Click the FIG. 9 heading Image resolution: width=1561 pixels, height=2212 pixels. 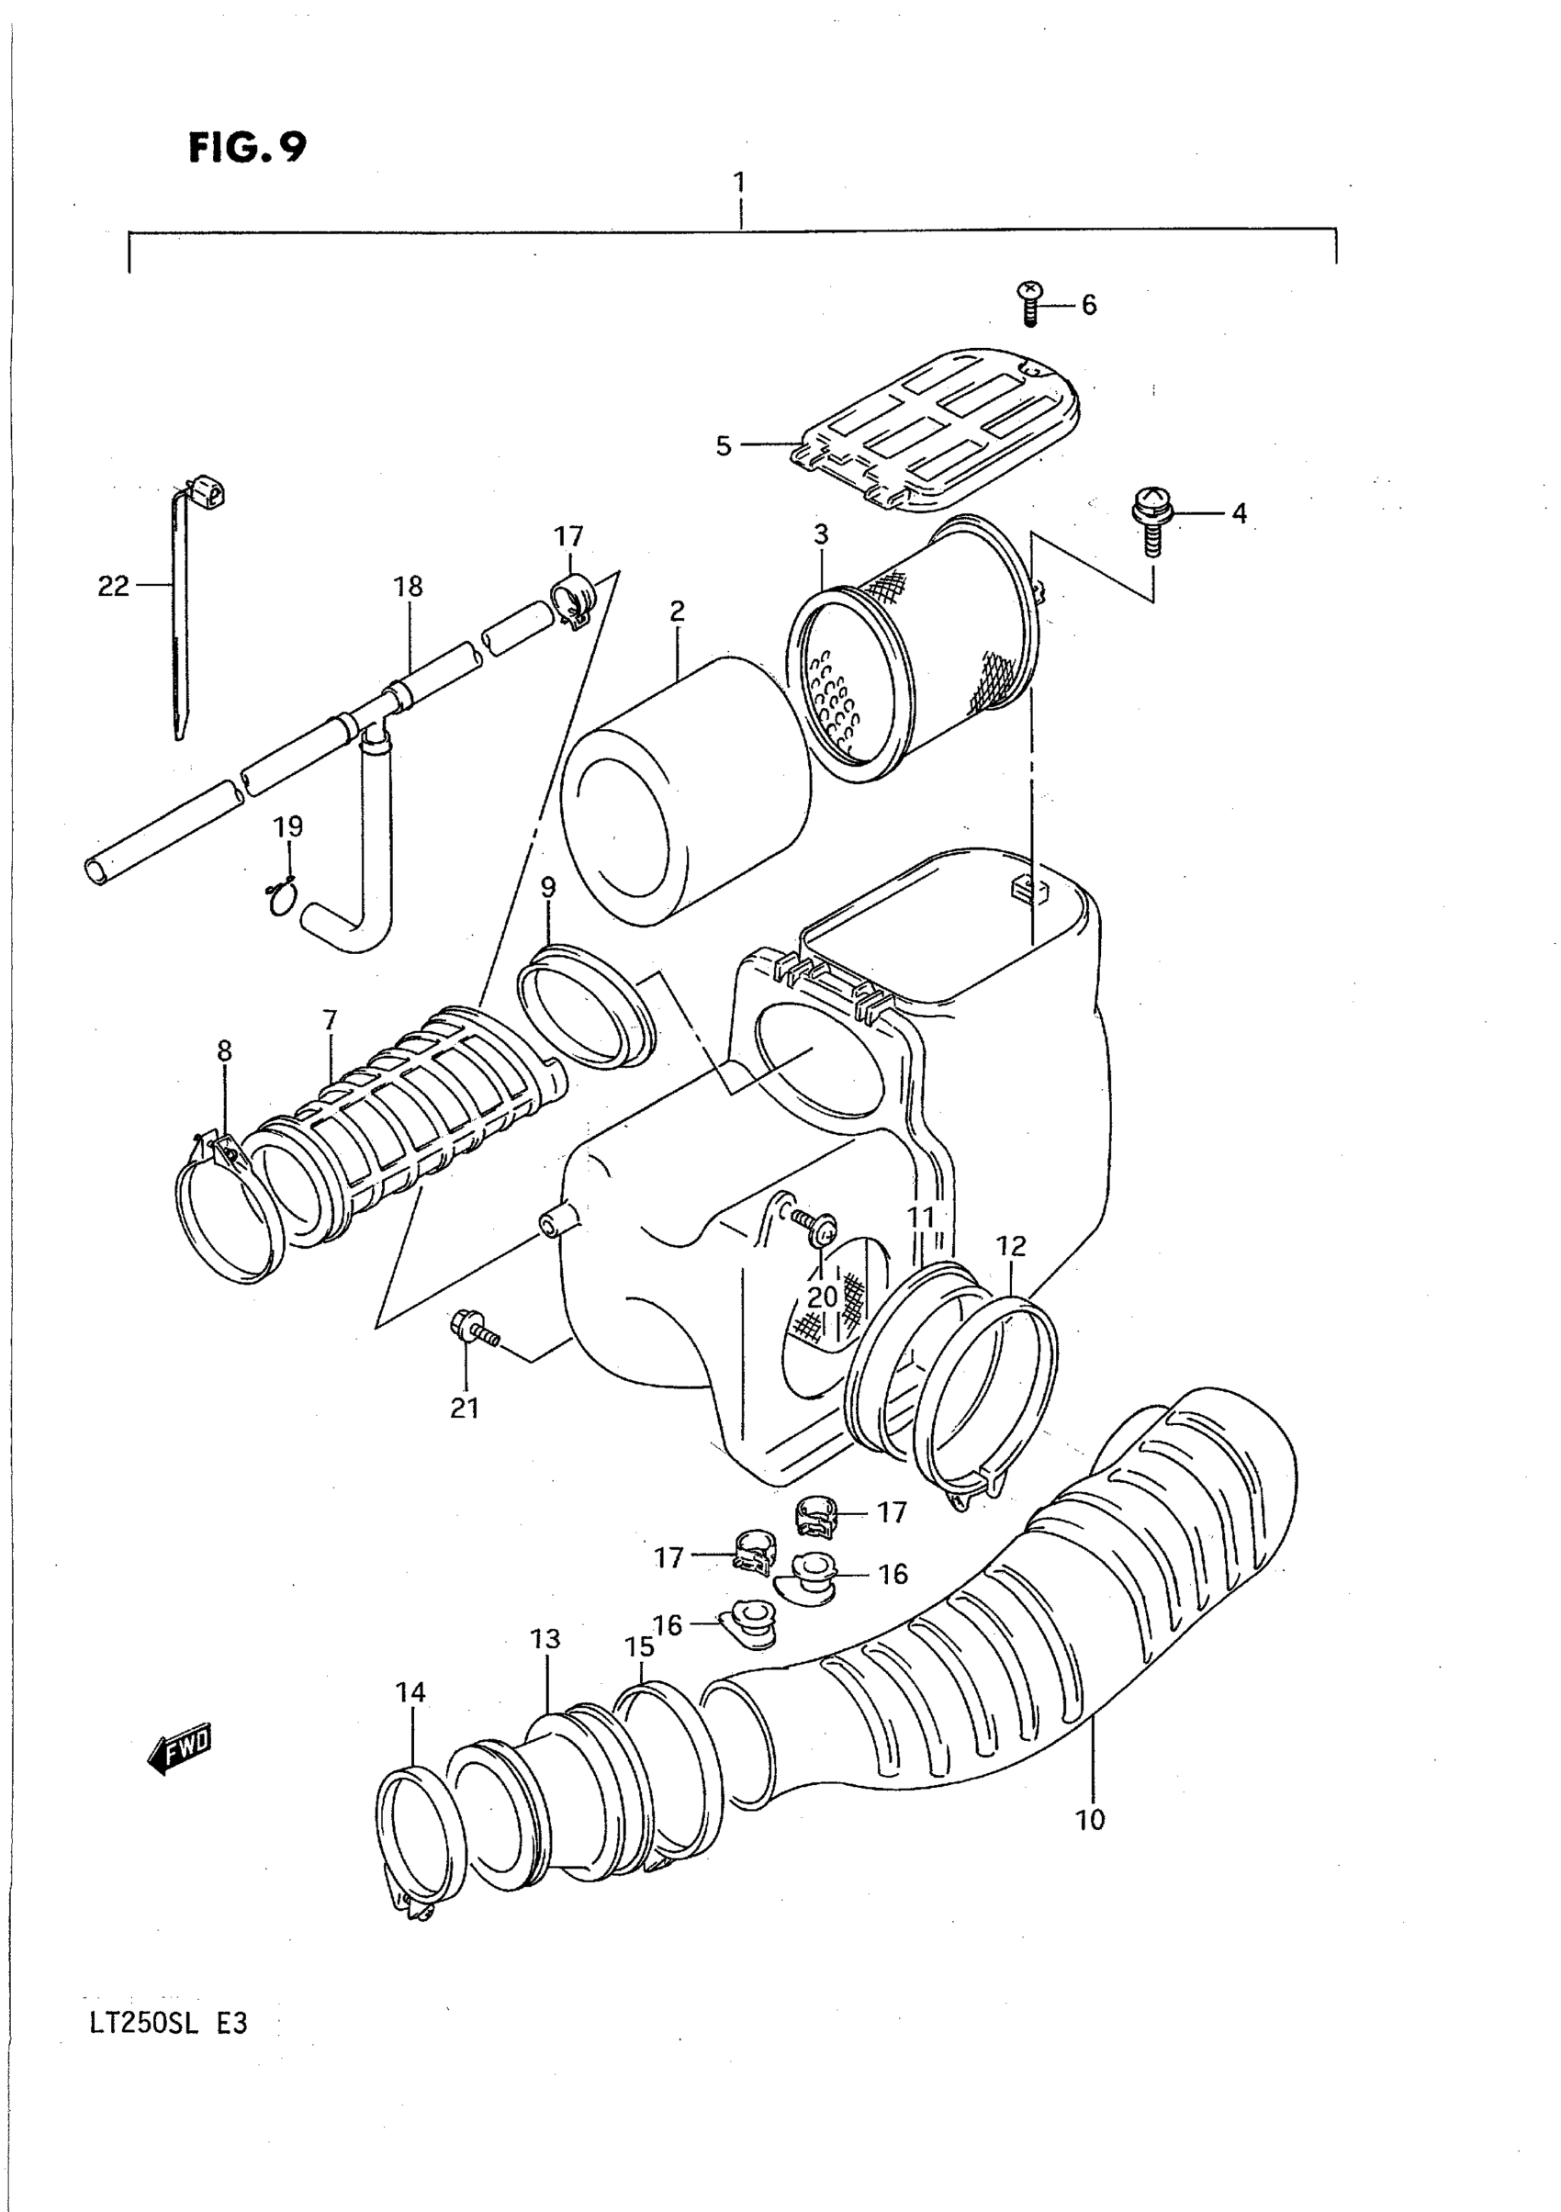point(248,148)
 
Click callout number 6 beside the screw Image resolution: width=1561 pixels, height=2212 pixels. point(1089,306)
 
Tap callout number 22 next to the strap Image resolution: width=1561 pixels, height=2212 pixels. point(113,586)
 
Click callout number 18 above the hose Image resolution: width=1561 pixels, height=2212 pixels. point(408,586)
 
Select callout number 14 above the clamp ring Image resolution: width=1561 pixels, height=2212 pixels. point(410,1691)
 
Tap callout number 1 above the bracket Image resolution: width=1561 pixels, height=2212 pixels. point(739,182)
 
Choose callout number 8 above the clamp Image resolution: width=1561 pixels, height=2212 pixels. point(225,1051)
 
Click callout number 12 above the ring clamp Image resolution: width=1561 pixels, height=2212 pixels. point(1011,1246)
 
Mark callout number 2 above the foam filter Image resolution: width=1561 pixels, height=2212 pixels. point(678,610)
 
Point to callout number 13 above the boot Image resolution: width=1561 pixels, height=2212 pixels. point(545,1639)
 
